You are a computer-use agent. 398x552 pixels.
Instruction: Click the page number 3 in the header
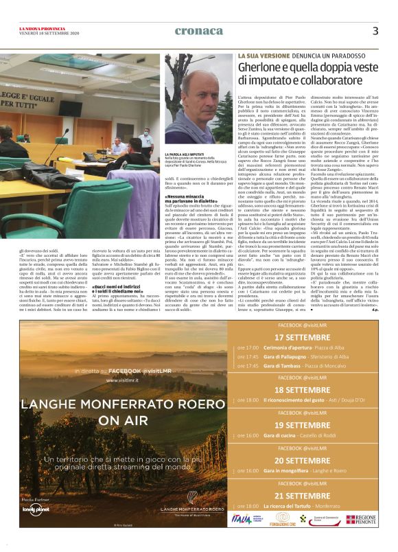[x=375, y=31]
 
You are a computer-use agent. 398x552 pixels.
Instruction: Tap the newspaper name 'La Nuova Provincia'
[x=43, y=27]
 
